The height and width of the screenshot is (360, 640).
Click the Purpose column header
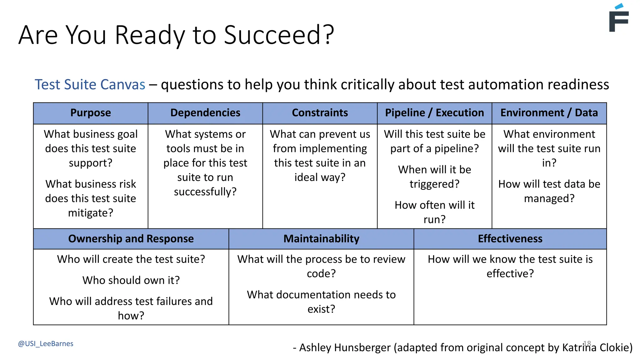tap(90, 113)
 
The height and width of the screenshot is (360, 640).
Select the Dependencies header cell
tap(205, 113)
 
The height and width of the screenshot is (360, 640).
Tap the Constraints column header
tap(320, 113)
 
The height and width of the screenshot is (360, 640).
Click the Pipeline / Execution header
tap(434, 113)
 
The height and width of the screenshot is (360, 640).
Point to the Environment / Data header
tap(549, 113)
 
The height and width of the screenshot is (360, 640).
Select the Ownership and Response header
tap(131, 239)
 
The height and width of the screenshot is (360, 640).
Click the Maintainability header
tap(321, 239)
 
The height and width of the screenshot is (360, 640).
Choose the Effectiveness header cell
tap(510, 239)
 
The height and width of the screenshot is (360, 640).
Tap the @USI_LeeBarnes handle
tap(46, 344)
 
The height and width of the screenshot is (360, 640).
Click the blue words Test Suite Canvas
tap(90, 85)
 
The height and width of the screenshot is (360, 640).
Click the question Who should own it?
tap(131, 280)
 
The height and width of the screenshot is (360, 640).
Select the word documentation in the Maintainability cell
tap(310, 295)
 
